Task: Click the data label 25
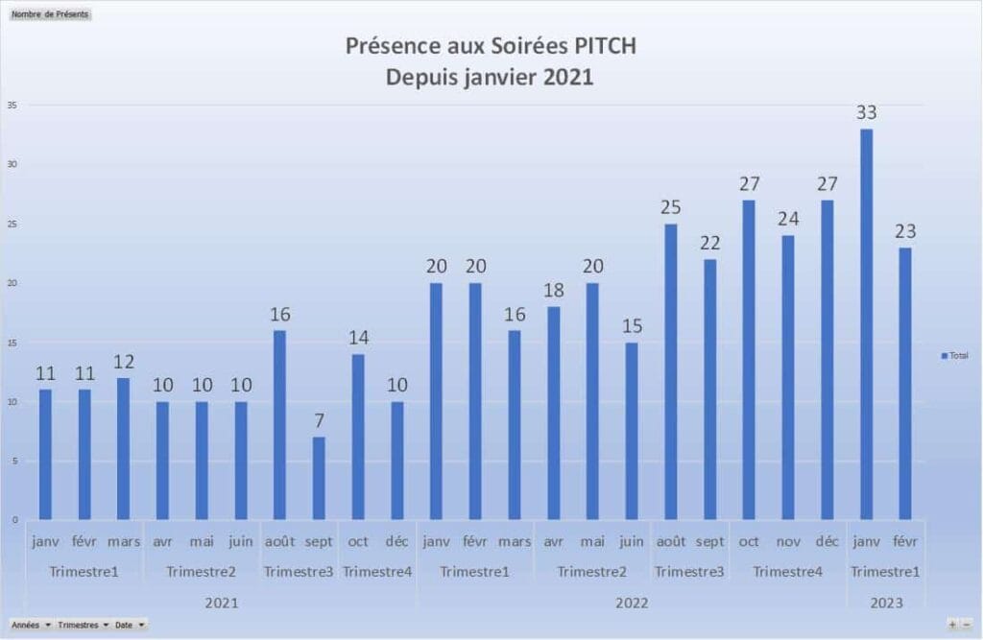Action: (x=671, y=206)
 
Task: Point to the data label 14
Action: (x=358, y=337)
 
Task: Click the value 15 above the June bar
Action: (x=632, y=325)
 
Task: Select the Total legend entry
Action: (x=954, y=356)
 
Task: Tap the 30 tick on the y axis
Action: (x=12, y=164)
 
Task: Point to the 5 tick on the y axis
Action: (x=14, y=461)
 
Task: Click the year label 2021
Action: (x=222, y=604)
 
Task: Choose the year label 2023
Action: (x=885, y=604)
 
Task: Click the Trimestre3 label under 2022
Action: (x=689, y=573)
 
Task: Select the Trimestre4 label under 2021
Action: (x=377, y=573)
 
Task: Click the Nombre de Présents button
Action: (x=50, y=14)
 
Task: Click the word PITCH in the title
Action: (x=601, y=47)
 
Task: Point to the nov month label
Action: (x=787, y=542)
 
